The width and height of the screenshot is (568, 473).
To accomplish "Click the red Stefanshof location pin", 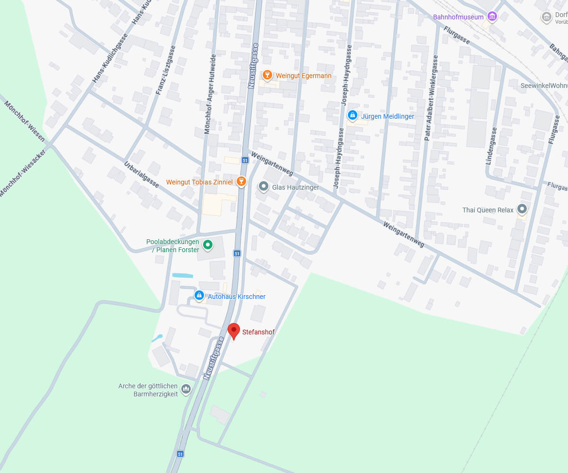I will tap(234, 331).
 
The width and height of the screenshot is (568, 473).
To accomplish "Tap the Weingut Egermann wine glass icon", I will tap(267, 75).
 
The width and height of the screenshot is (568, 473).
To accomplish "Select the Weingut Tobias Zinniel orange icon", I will tap(241, 181).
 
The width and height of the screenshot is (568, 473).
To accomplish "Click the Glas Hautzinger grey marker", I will tap(264, 186).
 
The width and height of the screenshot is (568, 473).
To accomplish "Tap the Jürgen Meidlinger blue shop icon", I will tap(352, 115).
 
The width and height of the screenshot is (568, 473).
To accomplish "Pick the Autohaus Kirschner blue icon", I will tap(199, 296).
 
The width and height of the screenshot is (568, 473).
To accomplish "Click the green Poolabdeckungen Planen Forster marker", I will tap(207, 245).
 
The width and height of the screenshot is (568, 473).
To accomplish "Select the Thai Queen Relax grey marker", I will tap(522, 209).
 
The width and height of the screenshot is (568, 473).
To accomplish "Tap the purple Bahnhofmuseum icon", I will tap(492, 17).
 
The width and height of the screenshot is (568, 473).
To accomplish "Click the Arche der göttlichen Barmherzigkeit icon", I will tap(186, 389).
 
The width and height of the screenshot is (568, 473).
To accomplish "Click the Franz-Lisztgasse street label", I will tap(166, 70).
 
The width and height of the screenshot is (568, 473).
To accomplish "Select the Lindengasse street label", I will tap(491, 146).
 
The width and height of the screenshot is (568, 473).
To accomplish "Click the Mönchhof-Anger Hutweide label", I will tap(210, 94).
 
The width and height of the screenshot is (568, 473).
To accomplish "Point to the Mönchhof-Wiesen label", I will tap(25, 121).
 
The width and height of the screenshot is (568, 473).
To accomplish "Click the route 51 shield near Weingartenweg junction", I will tap(245, 160).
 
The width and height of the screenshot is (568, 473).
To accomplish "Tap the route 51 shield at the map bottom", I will tap(180, 454).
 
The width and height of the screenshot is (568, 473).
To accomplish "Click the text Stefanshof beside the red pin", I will tap(258, 332).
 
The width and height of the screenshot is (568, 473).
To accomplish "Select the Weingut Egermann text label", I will tap(303, 76).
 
